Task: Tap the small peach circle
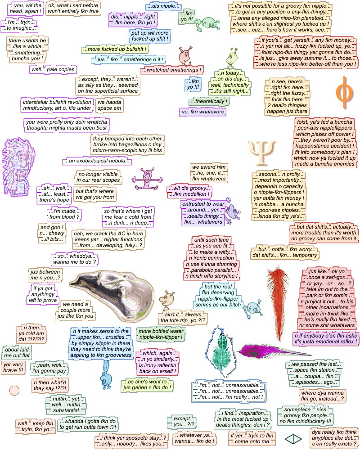[14, 390]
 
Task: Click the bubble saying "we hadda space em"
[109, 105]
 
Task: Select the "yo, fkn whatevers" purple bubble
[202, 112]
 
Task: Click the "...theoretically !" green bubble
[209, 101]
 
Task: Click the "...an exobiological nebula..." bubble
[97, 160]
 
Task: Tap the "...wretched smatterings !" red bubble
[172, 70]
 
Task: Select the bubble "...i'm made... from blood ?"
[64, 214]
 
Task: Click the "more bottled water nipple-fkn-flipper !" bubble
[161, 333]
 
